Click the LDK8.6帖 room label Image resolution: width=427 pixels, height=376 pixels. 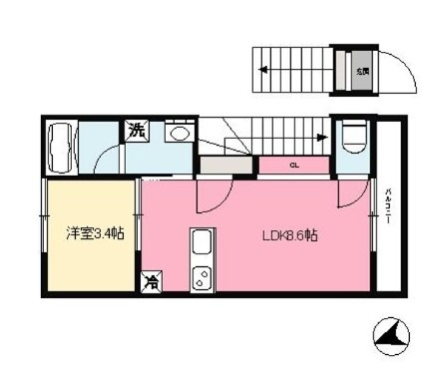point(290,236)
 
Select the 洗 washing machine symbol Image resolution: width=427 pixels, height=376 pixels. point(134,129)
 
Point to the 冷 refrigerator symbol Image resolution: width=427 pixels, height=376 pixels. point(153,283)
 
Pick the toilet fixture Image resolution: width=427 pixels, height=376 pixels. point(352,136)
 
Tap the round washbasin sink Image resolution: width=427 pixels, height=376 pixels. point(181,133)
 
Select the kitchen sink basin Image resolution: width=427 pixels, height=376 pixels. point(201,243)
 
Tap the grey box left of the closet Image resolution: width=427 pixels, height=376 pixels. point(226,166)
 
